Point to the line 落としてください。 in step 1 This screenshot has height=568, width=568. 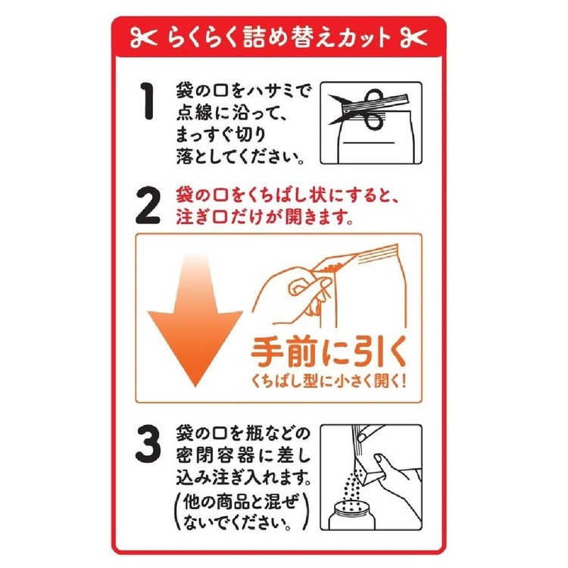click(x=241, y=158)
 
